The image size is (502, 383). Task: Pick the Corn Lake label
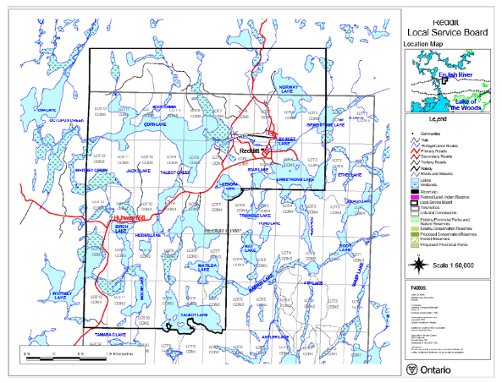(155, 124)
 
